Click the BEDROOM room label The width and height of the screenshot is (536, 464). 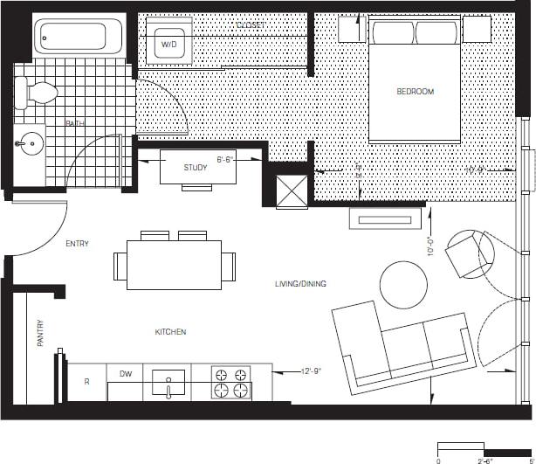(415, 92)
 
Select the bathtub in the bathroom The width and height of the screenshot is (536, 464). (72, 38)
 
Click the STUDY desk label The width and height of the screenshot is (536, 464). (196, 167)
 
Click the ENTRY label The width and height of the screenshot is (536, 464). (78, 245)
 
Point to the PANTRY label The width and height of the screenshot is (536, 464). (40, 334)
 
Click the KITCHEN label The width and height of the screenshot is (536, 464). (170, 332)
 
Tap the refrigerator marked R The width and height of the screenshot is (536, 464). (86, 382)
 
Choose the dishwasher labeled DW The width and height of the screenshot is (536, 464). (126, 373)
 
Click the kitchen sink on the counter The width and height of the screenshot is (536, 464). (168, 382)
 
